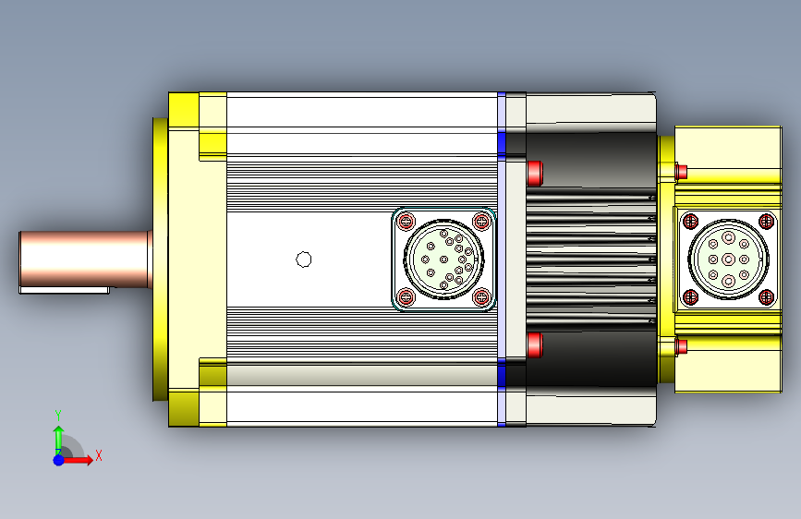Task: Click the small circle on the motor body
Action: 304,259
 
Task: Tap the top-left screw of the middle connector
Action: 407,222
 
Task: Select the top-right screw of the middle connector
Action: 481,222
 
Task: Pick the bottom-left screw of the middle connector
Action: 407,296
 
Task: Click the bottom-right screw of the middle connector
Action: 481,296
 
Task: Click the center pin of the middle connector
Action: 443,259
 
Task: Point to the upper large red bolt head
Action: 534,174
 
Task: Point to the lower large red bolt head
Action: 534,344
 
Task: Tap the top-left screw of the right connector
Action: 691,222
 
